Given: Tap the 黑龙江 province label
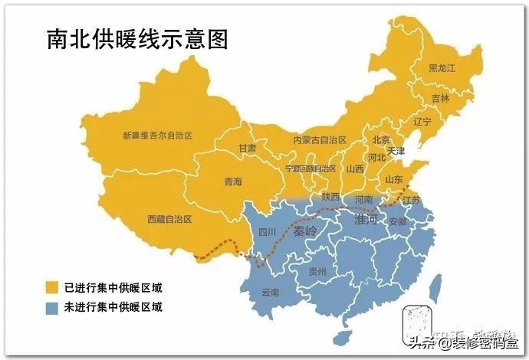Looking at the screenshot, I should [442, 68].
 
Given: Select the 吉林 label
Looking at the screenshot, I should [440, 98].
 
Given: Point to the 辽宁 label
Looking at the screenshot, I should [422, 122].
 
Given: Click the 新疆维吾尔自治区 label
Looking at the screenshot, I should [157, 136].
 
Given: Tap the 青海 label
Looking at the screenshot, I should [232, 182].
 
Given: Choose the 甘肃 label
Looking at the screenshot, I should [247, 148].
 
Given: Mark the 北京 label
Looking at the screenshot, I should [381, 139].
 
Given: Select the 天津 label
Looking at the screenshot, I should [396, 152].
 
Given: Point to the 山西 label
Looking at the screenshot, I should [355, 169].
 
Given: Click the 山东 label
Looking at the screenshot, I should [393, 179].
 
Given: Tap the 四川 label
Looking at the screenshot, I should [266, 231].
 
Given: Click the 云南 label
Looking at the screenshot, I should [271, 292].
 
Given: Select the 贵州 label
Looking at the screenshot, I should [317, 271].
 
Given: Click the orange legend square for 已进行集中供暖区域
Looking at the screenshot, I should [51, 288].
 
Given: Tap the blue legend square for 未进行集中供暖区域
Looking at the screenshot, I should [51, 308].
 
